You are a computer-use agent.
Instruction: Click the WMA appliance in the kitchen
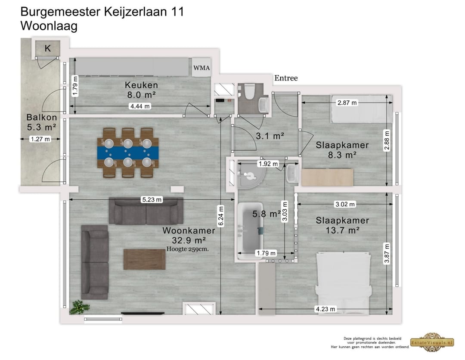pyautogui.click(x=201, y=68)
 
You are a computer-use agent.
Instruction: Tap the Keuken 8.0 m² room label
pyautogui.click(x=141, y=90)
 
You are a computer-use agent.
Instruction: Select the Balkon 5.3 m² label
pyautogui.click(x=41, y=122)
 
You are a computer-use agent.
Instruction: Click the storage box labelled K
pyautogui.click(x=47, y=49)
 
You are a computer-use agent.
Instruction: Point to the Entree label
pyautogui.click(x=286, y=78)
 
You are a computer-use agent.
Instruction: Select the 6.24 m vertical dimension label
pyautogui.click(x=221, y=215)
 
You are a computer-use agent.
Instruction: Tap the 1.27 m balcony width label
pyautogui.click(x=40, y=139)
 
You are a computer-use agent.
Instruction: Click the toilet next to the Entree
pyautogui.click(x=248, y=91)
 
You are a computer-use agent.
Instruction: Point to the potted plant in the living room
pyautogui.click(x=80, y=307)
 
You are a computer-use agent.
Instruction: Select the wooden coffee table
pyautogui.click(x=144, y=259)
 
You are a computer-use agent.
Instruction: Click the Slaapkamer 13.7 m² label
pyautogui.click(x=342, y=225)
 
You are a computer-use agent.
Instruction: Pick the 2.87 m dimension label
pyautogui.click(x=347, y=102)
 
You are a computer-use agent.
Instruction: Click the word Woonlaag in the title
pyautogui.click(x=49, y=26)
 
